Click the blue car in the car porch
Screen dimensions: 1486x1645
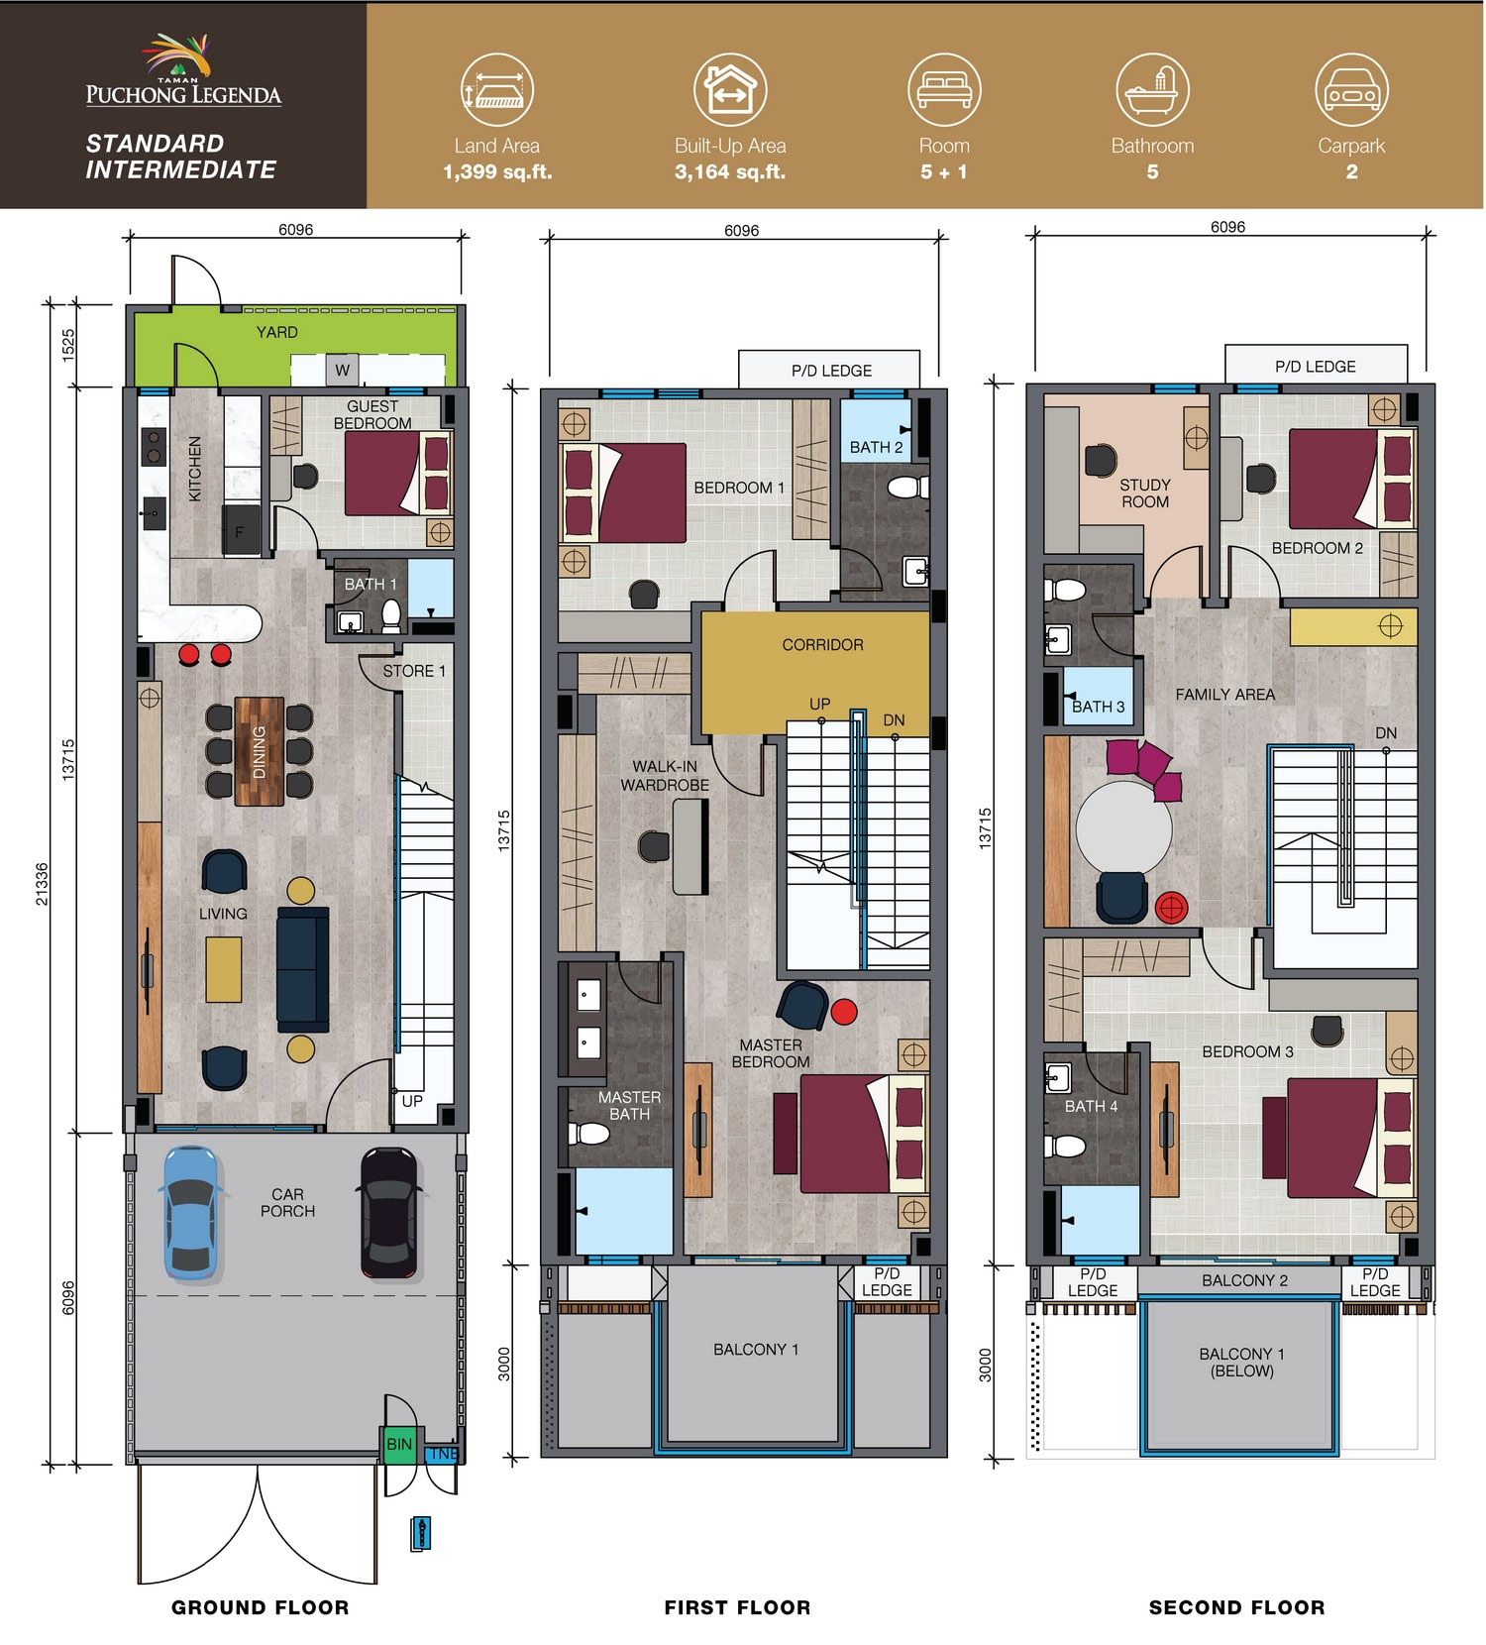(x=191, y=1212)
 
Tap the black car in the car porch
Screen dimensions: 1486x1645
(x=390, y=1212)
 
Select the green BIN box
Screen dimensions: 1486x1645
(x=399, y=1444)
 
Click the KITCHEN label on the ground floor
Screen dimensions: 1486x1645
(x=195, y=469)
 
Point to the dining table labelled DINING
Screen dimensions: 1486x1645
(x=260, y=751)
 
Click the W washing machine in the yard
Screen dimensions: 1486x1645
(x=342, y=370)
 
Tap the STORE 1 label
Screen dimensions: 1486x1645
(x=414, y=671)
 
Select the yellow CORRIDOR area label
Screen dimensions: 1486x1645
(x=822, y=644)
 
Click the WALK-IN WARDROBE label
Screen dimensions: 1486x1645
(x=665, y=775)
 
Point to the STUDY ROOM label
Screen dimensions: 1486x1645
(x=1145, y=493)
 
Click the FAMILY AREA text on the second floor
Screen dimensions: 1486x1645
(x=1225, y=695)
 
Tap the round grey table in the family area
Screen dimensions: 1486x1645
(x=1123, y=827)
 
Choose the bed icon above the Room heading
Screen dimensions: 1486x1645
(x=944, y=89)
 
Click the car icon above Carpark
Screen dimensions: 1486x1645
(x=1351, y=89)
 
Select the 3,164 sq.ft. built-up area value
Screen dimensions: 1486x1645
(x=730, y=171)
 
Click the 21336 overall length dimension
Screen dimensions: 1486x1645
(x=42, y=883)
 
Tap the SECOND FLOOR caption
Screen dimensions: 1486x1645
(x=1236, y=1607)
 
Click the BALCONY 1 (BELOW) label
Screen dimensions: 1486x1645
(x=1241, y=1362)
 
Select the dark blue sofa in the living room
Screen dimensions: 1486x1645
(x=303, y=968)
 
